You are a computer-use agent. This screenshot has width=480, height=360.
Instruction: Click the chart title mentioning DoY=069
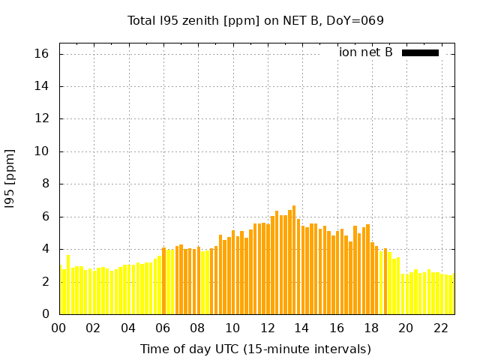(256, 21)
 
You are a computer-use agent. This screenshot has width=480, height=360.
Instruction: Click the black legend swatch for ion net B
(420, 52)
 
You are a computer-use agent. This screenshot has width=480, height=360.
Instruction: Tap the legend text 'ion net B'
(365, 52)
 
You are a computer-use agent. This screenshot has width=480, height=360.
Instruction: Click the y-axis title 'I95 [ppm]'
(10, 178)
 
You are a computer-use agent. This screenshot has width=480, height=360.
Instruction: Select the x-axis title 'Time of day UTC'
(255, 349)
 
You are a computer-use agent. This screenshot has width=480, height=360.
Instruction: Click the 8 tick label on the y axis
(45, 184)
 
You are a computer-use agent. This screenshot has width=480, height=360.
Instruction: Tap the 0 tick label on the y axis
(45, 313)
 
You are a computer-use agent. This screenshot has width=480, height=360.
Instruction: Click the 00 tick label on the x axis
(58, 328)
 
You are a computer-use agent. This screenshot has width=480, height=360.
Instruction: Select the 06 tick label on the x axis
(163, 328)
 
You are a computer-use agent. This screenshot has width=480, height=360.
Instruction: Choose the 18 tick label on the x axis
(370, 328)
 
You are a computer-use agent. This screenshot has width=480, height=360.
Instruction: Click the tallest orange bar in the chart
(294, 259)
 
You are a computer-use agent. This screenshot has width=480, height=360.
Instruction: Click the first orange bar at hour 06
(163, 280)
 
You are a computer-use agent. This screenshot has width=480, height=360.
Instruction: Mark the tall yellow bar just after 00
(68, 284)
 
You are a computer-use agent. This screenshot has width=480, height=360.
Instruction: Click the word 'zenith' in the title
(198, 21)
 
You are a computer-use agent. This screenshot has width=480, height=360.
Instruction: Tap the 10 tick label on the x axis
(232, 328)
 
